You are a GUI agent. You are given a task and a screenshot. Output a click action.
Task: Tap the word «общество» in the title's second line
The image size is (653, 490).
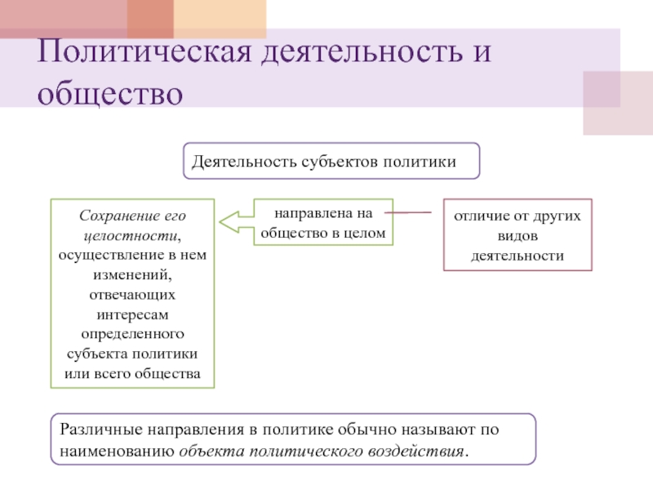pos(109,92)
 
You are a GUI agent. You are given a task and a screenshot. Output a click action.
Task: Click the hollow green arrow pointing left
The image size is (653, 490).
pos(236,221)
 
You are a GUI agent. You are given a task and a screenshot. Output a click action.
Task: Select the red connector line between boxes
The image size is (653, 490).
pos(408,212)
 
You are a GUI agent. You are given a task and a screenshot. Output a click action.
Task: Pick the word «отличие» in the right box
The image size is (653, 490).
pos(479,217)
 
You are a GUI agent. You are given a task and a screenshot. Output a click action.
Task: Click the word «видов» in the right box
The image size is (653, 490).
pos(517,236)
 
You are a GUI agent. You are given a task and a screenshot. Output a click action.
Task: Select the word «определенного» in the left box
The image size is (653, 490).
pos(133,334)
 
